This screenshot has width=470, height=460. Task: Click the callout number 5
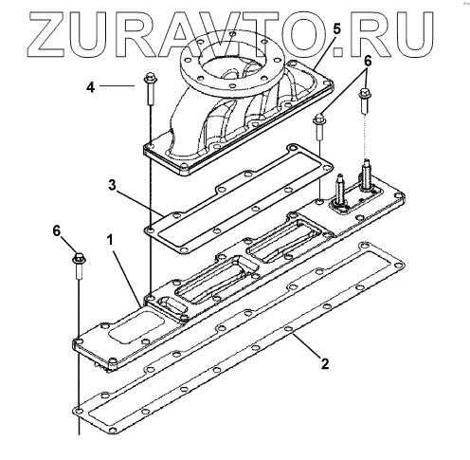tap(337, 29)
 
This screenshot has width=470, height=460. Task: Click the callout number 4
tap(91, 86)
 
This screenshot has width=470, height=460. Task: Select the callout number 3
tap(112, 186)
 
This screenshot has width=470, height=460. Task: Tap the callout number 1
tap(110, 241)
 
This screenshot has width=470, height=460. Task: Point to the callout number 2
tap(325, 363)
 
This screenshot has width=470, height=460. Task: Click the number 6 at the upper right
tap(368, 62)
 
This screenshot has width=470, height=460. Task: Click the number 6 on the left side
tap(56, 231)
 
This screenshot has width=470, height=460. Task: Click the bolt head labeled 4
tap(151, 78)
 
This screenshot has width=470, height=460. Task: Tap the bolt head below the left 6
tap(79, 258)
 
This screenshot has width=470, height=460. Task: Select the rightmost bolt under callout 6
tap(365, 101)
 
